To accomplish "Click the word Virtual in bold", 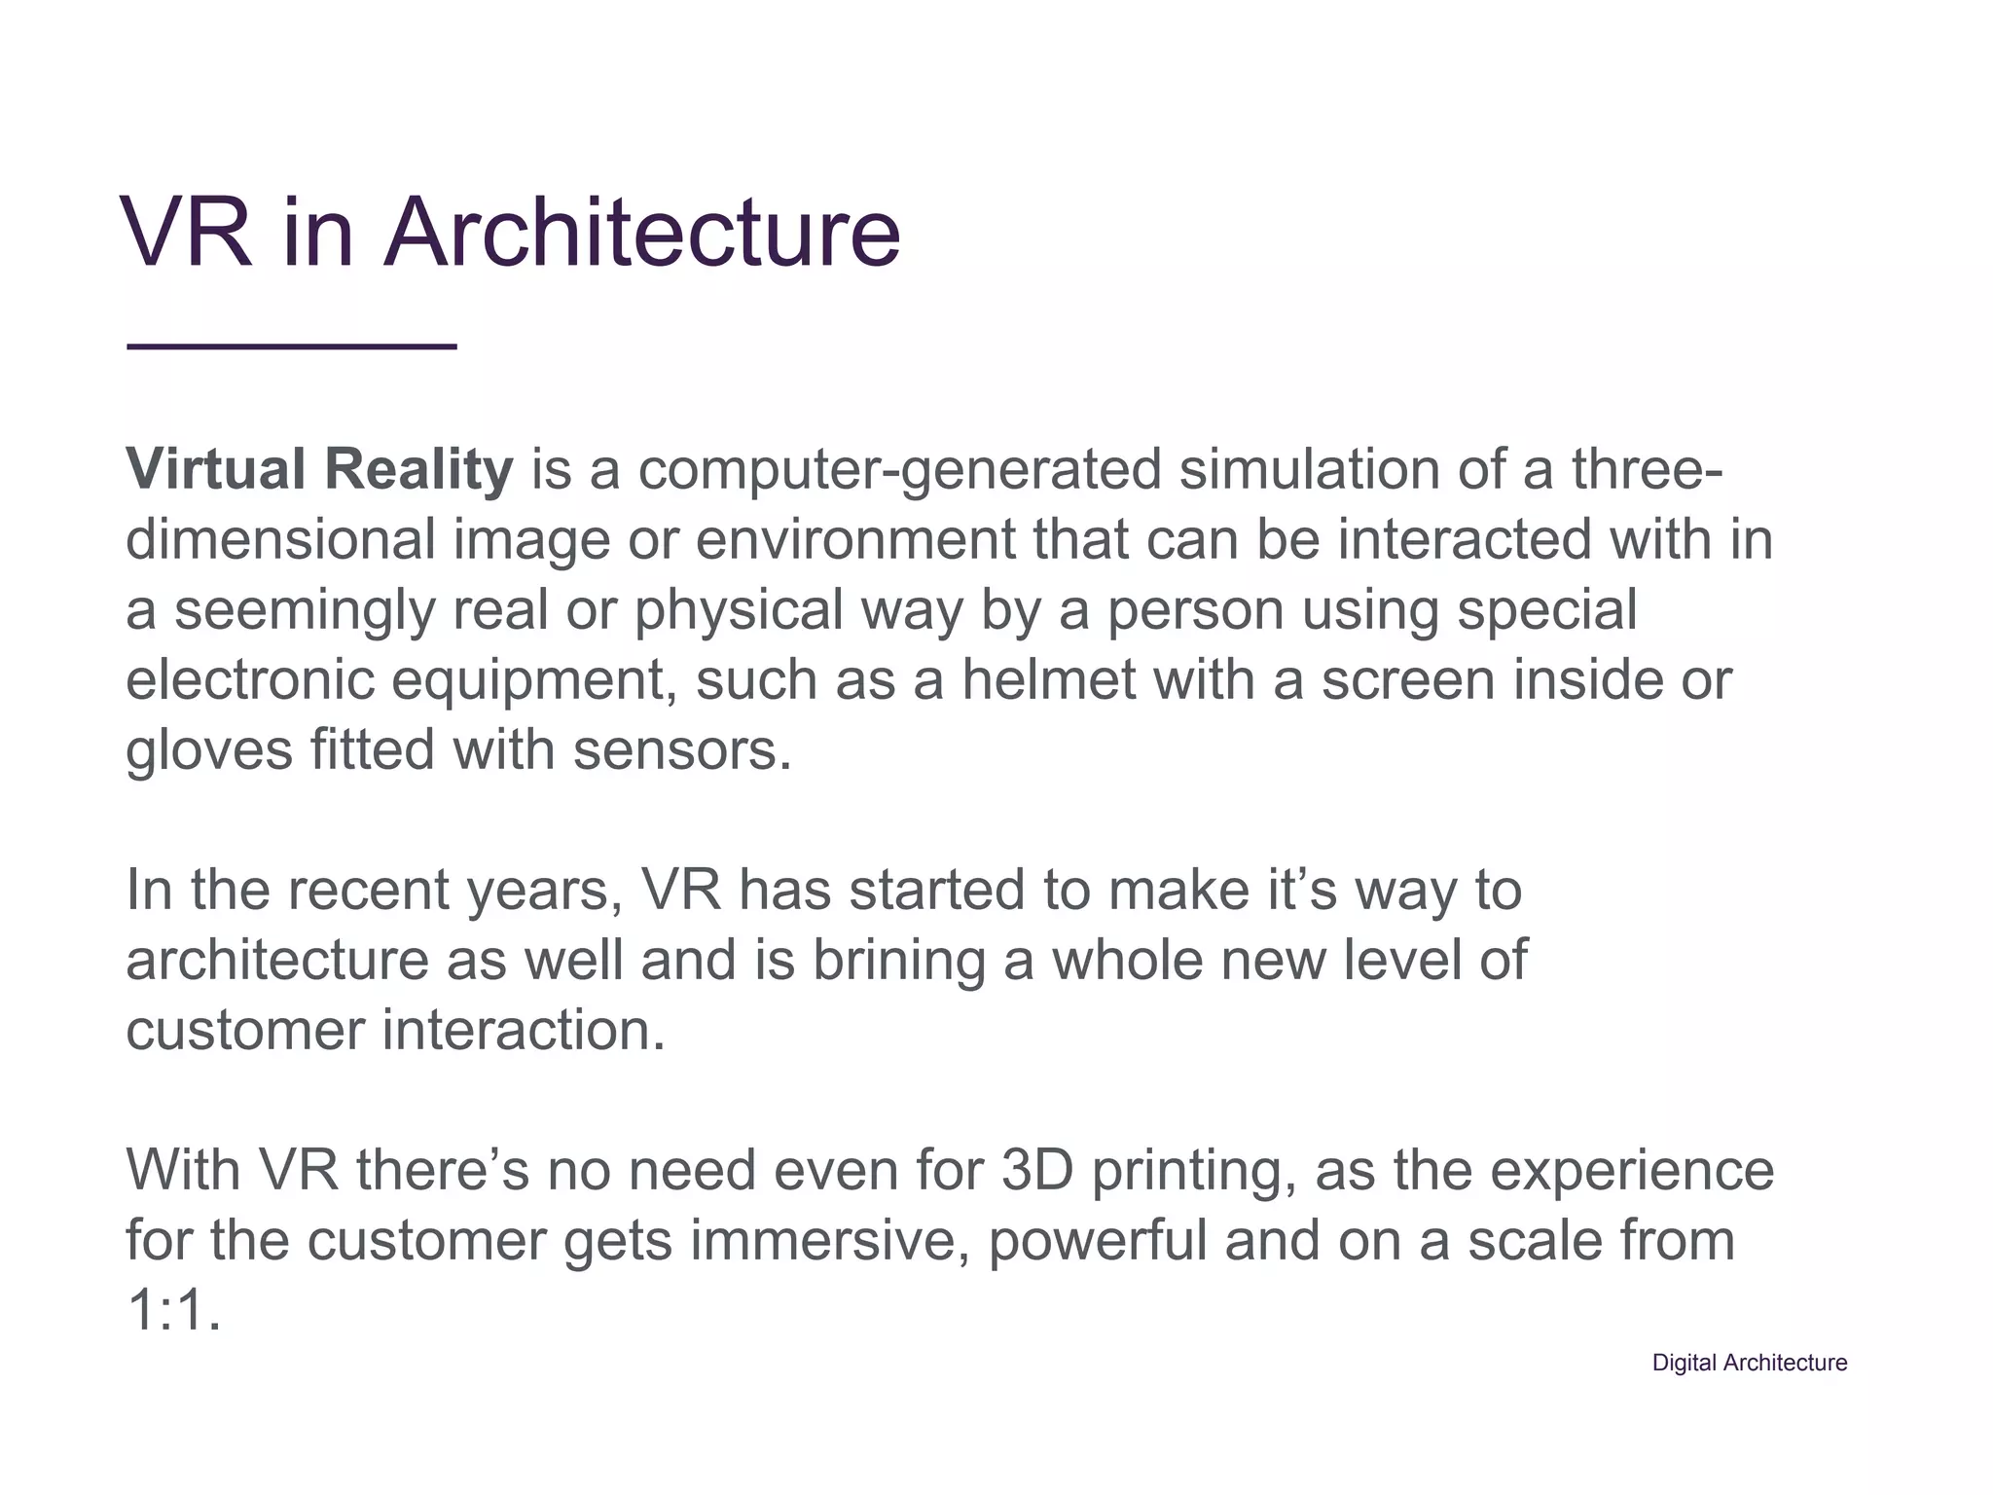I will [x=216, y=469].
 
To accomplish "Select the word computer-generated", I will [x=900, y=471].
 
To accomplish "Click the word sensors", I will [x=682, y=751].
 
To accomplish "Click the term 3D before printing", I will [x=1037, y=1170].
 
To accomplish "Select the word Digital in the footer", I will [x=1684, y=1364].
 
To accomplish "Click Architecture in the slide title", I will [x=642, y=234].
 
